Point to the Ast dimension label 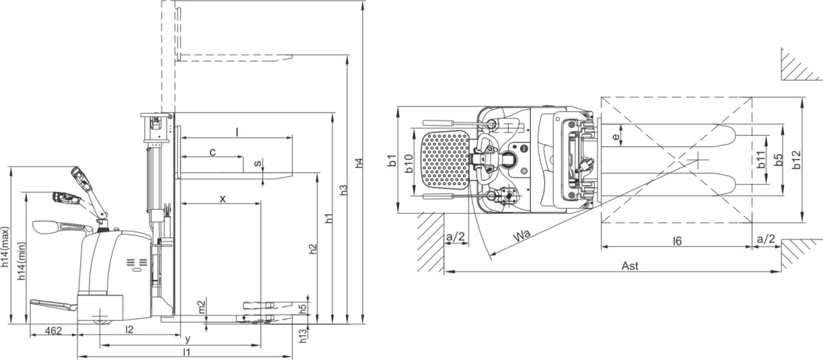pyautogui.click(x=629, y=266)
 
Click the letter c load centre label pyautogui.click(x=213, y=152)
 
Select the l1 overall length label pyautogui.click(x=186, y=352)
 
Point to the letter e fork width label pyautogui.click(x=616, y=137)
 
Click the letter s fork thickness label pyautogui.click(x=257, y=164)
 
